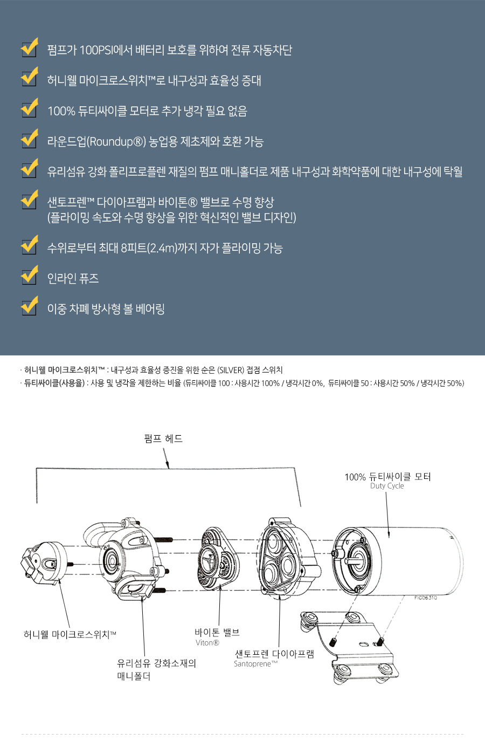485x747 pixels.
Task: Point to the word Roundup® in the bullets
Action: tap(116, 142)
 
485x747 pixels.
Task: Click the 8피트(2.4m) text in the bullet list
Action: tap(149, 248)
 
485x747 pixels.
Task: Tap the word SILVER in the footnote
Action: tap(232, 370)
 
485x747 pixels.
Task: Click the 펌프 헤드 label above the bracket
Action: tap(163, 438)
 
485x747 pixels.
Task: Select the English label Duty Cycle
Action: tap(387, 486)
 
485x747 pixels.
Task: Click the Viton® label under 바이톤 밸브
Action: tap(207, 643)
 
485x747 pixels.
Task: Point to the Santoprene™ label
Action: tap(255, 664)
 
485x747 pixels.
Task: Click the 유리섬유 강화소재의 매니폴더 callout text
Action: tap(156, 669)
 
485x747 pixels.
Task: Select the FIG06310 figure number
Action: tap(426, 598)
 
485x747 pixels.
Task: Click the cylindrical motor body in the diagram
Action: tap(415, 561)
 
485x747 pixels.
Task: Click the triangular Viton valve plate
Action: tap(218, 561)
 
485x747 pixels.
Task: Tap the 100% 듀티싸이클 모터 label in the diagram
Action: tap(387, 477)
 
